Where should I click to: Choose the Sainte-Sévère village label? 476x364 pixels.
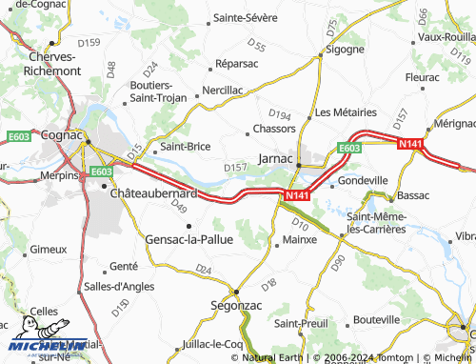[x=245, y=17]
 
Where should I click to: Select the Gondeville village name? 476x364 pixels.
[x=363, y=180]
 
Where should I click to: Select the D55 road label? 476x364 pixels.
[x=256, y=44]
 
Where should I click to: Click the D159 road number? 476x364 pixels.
[x=89, y=43]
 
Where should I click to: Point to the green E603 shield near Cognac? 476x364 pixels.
[x=99, y=172]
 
